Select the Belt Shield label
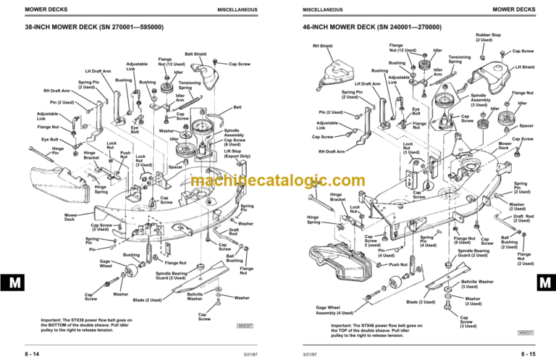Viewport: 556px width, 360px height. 195,54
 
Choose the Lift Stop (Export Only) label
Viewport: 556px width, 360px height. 238,154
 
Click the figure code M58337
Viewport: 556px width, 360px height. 526,332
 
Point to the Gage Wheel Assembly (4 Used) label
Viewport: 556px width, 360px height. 337,311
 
